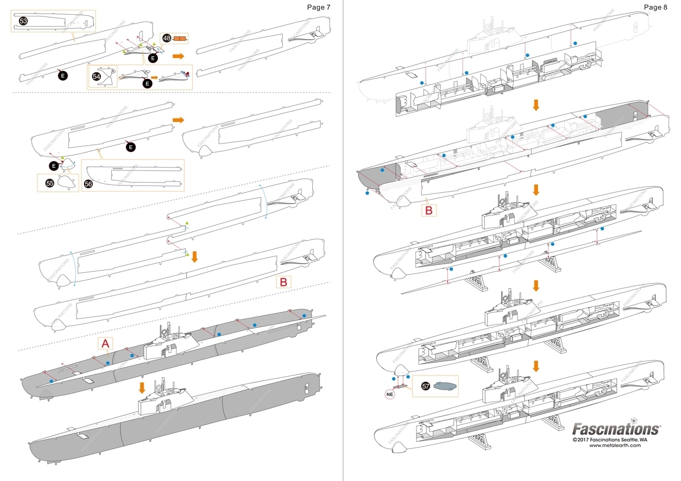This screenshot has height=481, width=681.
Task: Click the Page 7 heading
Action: pos(318,7)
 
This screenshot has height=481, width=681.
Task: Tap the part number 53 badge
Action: pos(23,20)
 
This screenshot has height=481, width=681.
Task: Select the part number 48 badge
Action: pos(167,38)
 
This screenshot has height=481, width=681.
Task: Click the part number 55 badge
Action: pos(49,183)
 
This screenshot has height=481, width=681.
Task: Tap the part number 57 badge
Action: pos(426,386)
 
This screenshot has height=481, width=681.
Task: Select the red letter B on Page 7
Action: pos(284,281)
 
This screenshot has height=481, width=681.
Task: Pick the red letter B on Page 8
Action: pos(429,210)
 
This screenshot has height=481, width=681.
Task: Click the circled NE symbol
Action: pos(389,391)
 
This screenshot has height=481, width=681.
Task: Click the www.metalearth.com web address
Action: pos(615,445)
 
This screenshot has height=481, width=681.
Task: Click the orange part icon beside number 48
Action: pos(180,39)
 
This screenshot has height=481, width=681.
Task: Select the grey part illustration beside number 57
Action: pos(445,386)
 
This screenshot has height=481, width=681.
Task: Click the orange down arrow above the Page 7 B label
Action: pos(195,256)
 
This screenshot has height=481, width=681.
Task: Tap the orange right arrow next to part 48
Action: pos(178,56)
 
